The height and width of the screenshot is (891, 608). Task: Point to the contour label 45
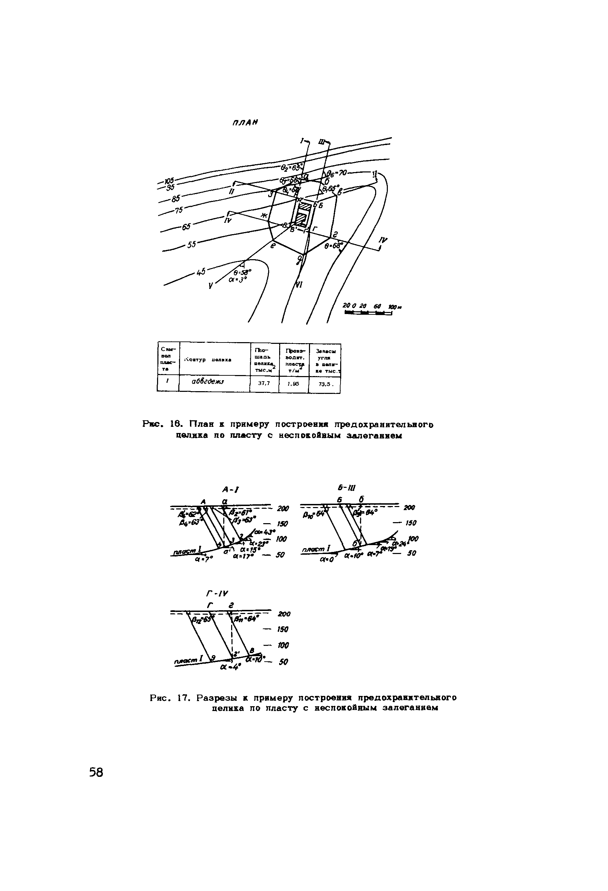(201, 272)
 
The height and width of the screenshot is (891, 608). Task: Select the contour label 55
(191, 244)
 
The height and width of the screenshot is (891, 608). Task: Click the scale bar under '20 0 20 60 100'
(368, 313)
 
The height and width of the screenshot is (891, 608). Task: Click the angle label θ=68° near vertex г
(333, 246)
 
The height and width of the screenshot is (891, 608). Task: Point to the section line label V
(211, 286)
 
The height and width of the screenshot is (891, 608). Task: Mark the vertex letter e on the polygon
(273, 246)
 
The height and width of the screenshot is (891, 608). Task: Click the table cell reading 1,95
(293, 383)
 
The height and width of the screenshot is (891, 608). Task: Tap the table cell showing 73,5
(324, 383)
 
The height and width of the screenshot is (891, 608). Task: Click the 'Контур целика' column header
(207, 359)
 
